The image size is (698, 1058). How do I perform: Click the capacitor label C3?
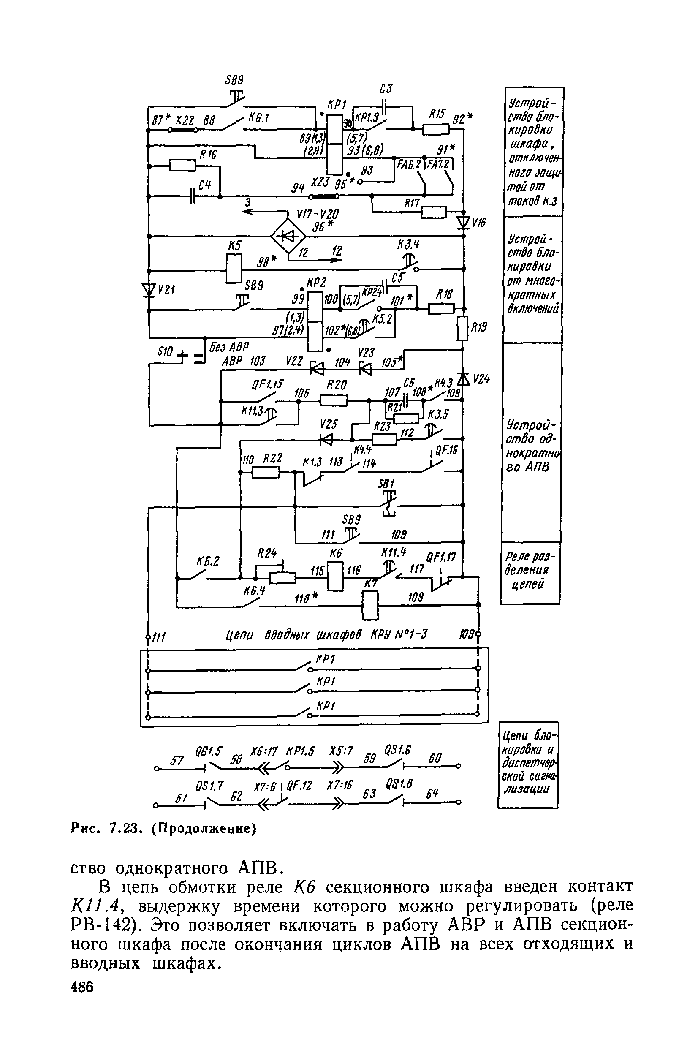(x=386, y=89)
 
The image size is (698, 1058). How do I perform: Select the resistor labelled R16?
(x=182, y=166)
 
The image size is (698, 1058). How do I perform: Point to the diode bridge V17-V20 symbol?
(x=288, y=235)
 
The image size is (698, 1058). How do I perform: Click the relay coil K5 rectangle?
(x=234, y=269)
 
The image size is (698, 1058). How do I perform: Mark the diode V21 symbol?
(x=149, y=290)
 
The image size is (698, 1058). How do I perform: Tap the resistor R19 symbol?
(x=463, y=328)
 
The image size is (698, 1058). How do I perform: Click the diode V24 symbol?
(x=463, y=379)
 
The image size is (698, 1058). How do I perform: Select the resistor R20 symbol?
(x=334, y=401)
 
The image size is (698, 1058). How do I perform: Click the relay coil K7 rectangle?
(x=370, y=605)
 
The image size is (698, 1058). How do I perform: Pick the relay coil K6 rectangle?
(x=335, y=576)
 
